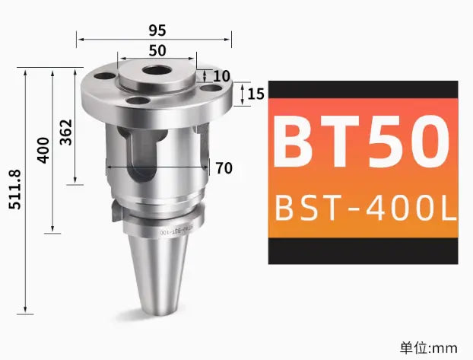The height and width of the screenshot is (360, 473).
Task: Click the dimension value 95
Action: [157, 30]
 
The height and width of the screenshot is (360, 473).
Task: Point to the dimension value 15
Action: [256, 94]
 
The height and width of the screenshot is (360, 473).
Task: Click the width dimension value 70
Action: [224, 168]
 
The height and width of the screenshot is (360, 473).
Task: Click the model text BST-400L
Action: [363, 207]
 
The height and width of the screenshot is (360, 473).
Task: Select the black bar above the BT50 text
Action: [363, 89]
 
